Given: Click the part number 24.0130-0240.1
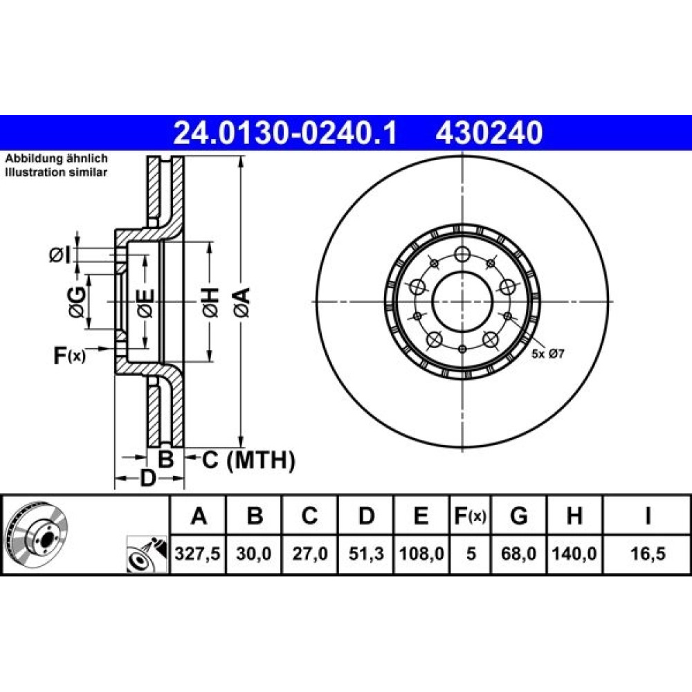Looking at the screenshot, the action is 286,133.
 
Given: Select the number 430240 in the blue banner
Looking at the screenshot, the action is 489,133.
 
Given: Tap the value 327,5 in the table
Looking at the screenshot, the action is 198,554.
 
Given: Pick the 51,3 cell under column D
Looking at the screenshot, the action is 366,554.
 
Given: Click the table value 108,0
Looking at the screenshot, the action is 421,554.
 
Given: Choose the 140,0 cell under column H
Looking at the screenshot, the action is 574,554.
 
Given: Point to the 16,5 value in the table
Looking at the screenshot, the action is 648,554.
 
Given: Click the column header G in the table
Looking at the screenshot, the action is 518,516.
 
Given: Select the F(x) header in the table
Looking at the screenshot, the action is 471,516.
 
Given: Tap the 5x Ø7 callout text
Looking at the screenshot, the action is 547,354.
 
